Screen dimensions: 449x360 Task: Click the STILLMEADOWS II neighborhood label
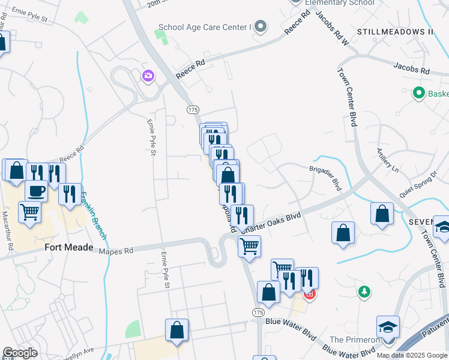point(395,31)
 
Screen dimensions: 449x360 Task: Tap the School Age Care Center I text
point(203,27)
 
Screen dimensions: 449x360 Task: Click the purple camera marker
point(148,76)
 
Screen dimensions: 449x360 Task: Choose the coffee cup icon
point(36,191)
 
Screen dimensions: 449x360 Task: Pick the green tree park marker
point(363,292)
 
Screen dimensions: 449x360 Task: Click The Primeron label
point(355,340)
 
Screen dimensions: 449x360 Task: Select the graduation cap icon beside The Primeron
point(388,328)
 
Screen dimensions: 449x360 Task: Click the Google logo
point(20,353)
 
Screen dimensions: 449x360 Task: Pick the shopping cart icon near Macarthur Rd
point(29,211)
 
